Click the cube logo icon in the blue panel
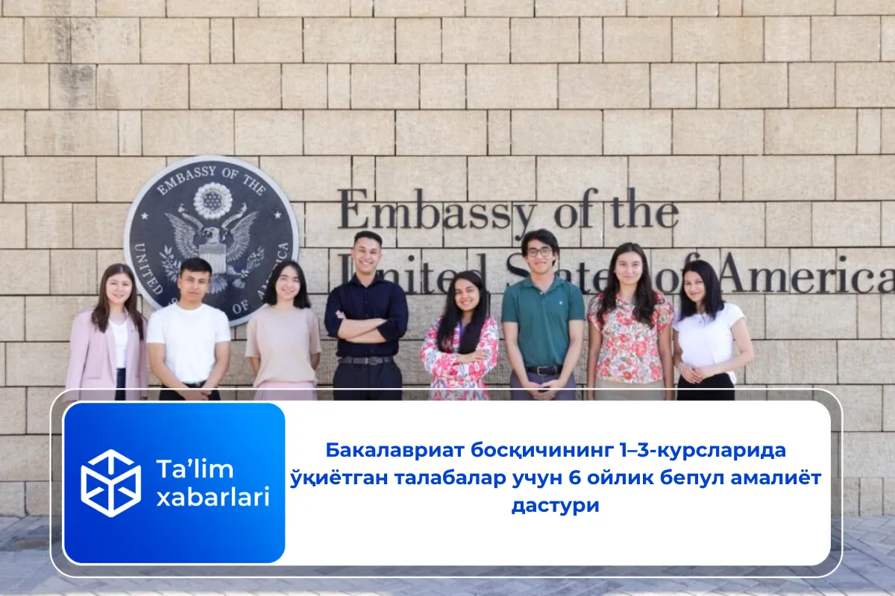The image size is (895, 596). click(x=110, y=483)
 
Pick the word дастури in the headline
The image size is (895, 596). click(x=555, y=505)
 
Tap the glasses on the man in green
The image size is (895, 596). click(x=539, y=252)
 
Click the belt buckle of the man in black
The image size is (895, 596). click(x=367, y=361)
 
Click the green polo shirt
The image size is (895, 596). click(x=542, y=320)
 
